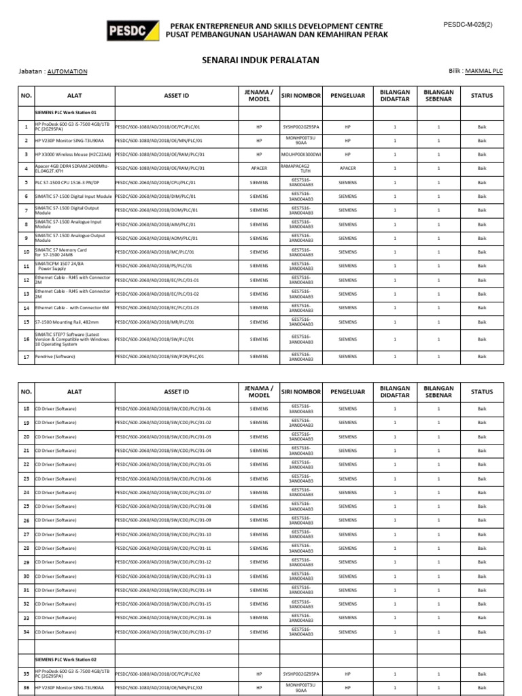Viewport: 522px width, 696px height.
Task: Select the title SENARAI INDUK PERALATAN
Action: (261, 60)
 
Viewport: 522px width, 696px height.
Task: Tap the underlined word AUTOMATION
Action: (68, 71)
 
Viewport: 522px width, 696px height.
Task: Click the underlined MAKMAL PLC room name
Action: (483, 71)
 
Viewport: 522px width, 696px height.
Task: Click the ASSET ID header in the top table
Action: (176, 96)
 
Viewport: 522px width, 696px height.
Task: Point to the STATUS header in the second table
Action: (482, 391)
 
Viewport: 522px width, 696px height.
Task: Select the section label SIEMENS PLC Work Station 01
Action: (66, 112)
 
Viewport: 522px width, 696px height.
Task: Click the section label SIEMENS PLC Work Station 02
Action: (66, 659)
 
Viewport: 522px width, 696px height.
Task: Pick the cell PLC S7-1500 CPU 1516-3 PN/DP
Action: (67, 182)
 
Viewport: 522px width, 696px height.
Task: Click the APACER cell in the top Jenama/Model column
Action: (259, 168)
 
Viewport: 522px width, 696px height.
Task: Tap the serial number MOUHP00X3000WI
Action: (300, 154)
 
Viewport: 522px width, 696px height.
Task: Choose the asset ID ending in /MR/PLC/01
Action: (156, 322)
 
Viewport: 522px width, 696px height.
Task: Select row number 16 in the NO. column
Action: (26, 338)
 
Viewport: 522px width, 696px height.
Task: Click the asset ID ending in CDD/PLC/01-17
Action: (164, 632)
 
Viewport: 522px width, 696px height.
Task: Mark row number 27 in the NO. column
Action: (26, 534)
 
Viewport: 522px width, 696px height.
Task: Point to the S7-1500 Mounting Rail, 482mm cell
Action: (66, 322)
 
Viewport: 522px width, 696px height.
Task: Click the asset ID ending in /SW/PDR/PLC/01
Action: (160, 356)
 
